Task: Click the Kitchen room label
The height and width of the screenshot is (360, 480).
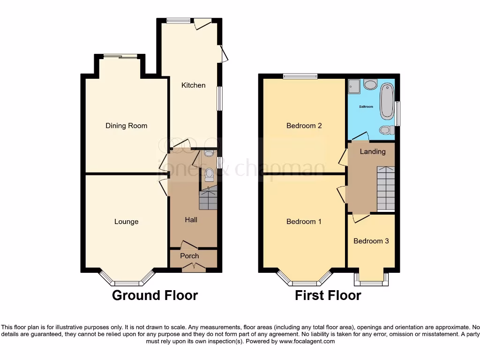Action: point(193,85)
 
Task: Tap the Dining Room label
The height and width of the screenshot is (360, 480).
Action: point(126,126)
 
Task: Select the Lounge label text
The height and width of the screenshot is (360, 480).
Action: point(126,222)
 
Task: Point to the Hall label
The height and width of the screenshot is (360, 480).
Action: point(191,220)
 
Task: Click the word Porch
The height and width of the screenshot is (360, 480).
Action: point(189,256)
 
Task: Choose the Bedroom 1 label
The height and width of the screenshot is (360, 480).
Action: point(304,222)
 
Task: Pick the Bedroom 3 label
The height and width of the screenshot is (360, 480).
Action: point(371,241)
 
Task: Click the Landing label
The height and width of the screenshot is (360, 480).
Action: point(373,151)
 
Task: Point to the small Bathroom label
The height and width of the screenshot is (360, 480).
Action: point(366,107)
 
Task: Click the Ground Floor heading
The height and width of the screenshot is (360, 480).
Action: point(155,295)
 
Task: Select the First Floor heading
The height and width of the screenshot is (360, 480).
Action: point(328,295)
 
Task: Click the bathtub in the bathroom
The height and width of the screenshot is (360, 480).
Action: point(387,101)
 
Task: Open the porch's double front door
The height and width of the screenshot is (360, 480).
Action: point(194,268)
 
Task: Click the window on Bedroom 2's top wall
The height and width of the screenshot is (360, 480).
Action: point(300,75)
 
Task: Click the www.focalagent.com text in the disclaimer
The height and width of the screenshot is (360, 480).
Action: point(307,342)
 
